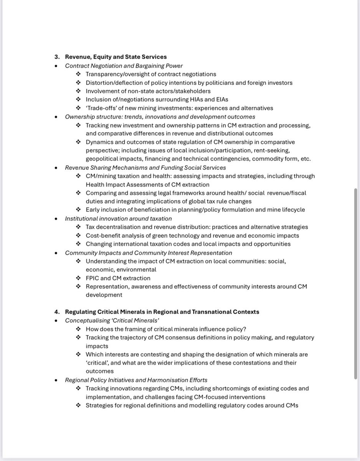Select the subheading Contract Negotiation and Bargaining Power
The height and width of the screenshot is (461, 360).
(124, 65)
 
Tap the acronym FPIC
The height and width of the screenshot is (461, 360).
(93, 278)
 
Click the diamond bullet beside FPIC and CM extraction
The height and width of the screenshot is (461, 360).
(78, 278)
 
